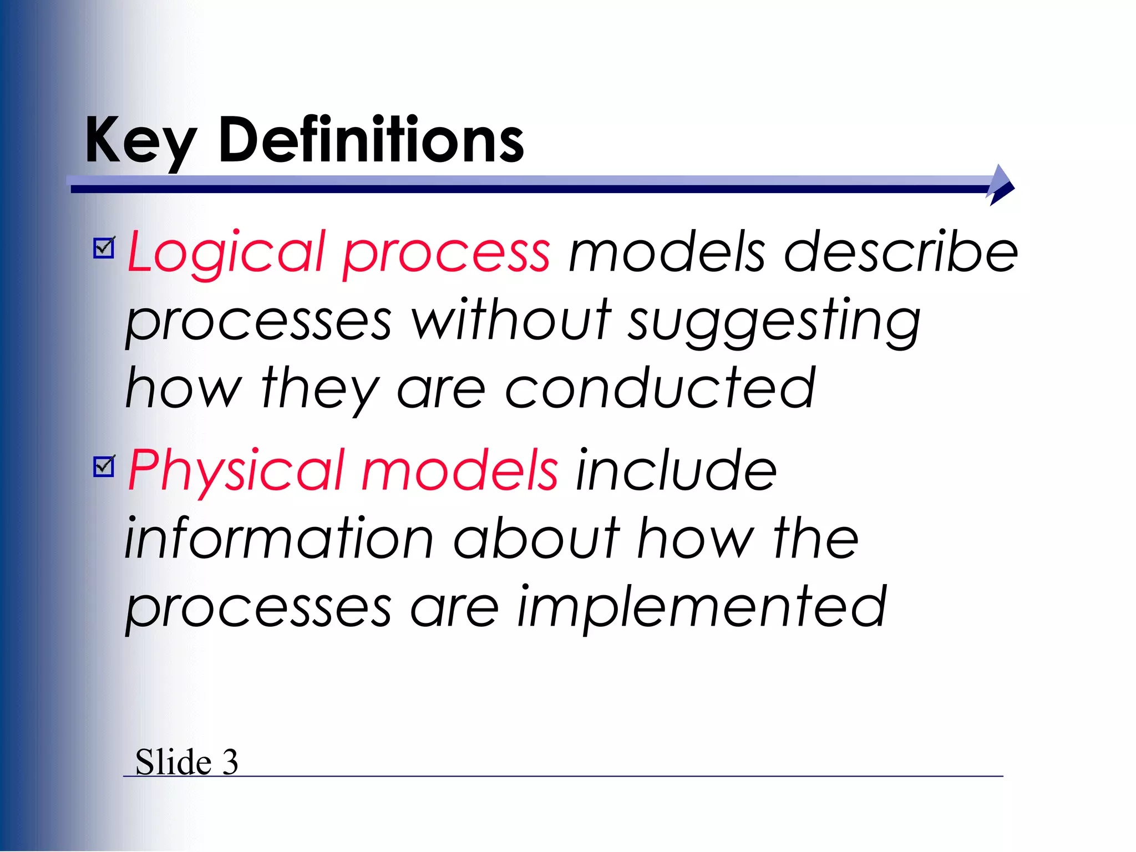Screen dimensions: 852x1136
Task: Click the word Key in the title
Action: [x=140, y=141]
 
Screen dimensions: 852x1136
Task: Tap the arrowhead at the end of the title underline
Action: [x=1001, y=185]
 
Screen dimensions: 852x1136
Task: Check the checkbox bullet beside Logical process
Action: [x=104, y=248]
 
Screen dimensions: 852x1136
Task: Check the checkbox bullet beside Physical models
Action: [x=104, y=466]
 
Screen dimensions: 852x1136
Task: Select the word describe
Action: [x=901, y=253]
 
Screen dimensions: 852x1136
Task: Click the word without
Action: [x=511, y=321]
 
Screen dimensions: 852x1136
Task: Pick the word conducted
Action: [x=660, y=388]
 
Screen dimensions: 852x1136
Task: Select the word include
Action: [x=676, y=470]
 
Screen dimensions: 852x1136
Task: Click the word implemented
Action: [x=702, y=608]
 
